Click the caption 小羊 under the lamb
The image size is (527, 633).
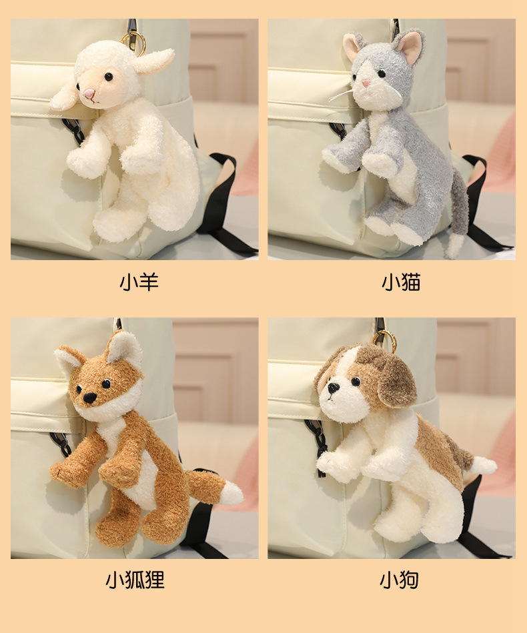pyautogui.click(x=139, y=282)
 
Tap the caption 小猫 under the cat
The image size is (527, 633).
pyautogui.click(x=401, y=282)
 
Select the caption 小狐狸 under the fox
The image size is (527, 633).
pyautogui.click(x=135, y=580)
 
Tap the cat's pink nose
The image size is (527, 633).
pyautogui.click(x=366, y=84)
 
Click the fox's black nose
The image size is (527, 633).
pyautogui.click(x=89, y=398)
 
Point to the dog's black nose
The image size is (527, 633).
pyautogui.click(x=333, y=388)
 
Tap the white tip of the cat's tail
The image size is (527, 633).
pyautogui.click(x=455, y=245)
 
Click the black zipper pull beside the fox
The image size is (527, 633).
pyautogui.click(x=61, y=444)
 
